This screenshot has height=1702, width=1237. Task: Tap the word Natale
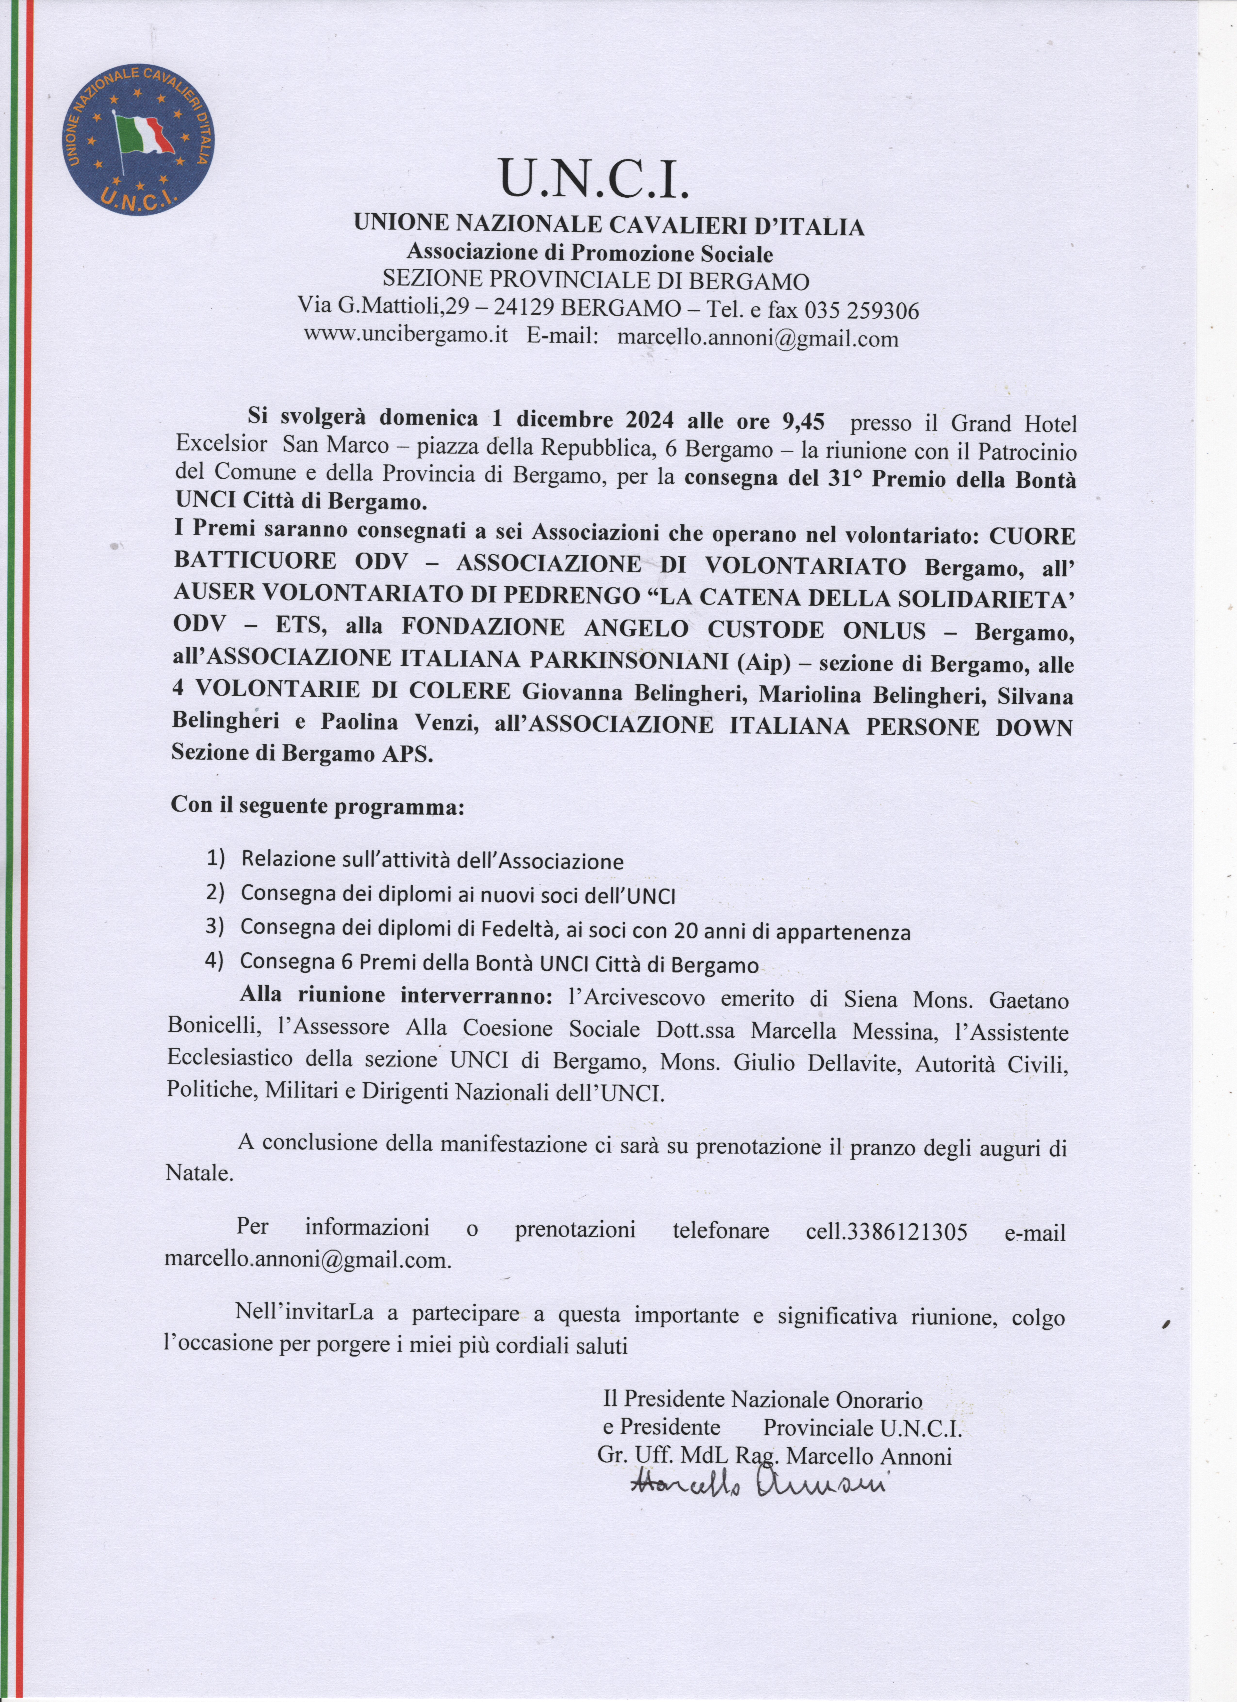coord(198,1173)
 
